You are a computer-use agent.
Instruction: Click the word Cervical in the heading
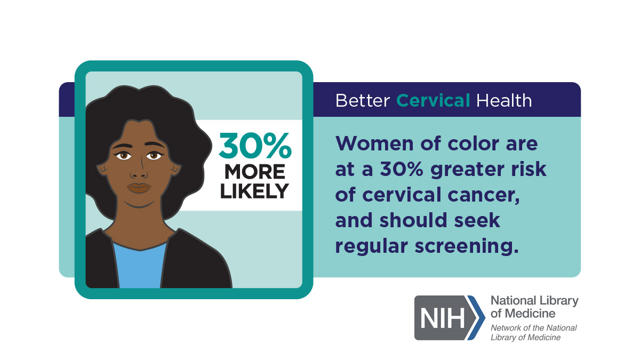click(433, 101)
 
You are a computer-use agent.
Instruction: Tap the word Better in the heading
click(363, 101)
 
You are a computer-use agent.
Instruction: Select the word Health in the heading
click(504, 101)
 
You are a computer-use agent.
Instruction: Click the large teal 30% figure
click(255, 146)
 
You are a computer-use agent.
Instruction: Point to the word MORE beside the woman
click(255, 172)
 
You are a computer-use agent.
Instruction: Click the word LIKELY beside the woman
click(254, 191)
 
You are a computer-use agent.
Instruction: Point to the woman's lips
click(139, 188)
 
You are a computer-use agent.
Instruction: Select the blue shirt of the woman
click(140, 266)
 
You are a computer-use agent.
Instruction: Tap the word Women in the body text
click(374, 143)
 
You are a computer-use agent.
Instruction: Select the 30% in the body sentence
click(402, 169)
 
